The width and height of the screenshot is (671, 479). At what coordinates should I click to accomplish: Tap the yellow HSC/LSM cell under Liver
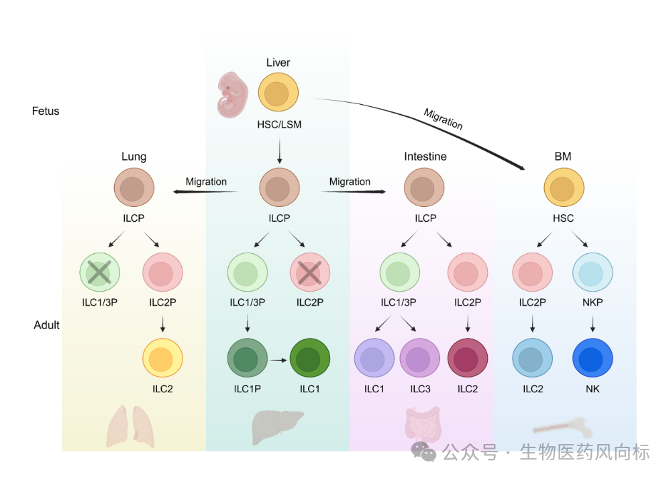click(x=278, y=93)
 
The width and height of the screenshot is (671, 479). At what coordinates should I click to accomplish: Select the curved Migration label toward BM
click(x=444, y=119)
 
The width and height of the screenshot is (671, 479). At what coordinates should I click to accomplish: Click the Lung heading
click(x=134, y=157)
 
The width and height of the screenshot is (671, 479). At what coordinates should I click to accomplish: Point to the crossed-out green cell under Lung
click(x=100, y=273)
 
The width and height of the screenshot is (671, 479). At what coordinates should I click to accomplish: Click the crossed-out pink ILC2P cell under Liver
click(x=310, y=273)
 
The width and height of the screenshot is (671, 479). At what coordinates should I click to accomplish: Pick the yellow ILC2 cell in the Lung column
click(x=162, y=358)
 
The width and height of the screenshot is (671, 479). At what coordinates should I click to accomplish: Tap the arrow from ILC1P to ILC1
click(x=278, y=360)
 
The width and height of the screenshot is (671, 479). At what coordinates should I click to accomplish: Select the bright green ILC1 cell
click(x=310, y=358)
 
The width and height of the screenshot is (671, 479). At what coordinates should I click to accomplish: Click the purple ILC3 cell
click(x=420, y=358)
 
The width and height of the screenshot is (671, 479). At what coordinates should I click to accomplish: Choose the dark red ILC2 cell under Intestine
click(x=468, y=358)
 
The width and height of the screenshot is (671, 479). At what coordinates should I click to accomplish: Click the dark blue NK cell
click(x=592, y=358)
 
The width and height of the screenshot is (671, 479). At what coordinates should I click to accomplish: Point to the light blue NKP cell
click(x=592, y=273)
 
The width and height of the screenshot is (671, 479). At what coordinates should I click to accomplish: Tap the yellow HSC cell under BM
click(x=564, y=187)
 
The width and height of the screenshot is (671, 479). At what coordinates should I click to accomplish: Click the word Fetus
click(x=46, y=112)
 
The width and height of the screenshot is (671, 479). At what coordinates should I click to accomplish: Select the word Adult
click(x=47, y=325)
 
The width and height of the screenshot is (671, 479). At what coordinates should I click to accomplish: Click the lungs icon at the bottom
click(x=131, y=427)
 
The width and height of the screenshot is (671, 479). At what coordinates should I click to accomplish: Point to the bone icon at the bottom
click(x=563, y=427)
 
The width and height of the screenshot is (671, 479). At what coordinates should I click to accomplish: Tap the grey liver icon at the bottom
click(x=277, y=427)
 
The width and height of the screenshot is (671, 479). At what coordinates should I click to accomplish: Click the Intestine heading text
click(x=425, y=157)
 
